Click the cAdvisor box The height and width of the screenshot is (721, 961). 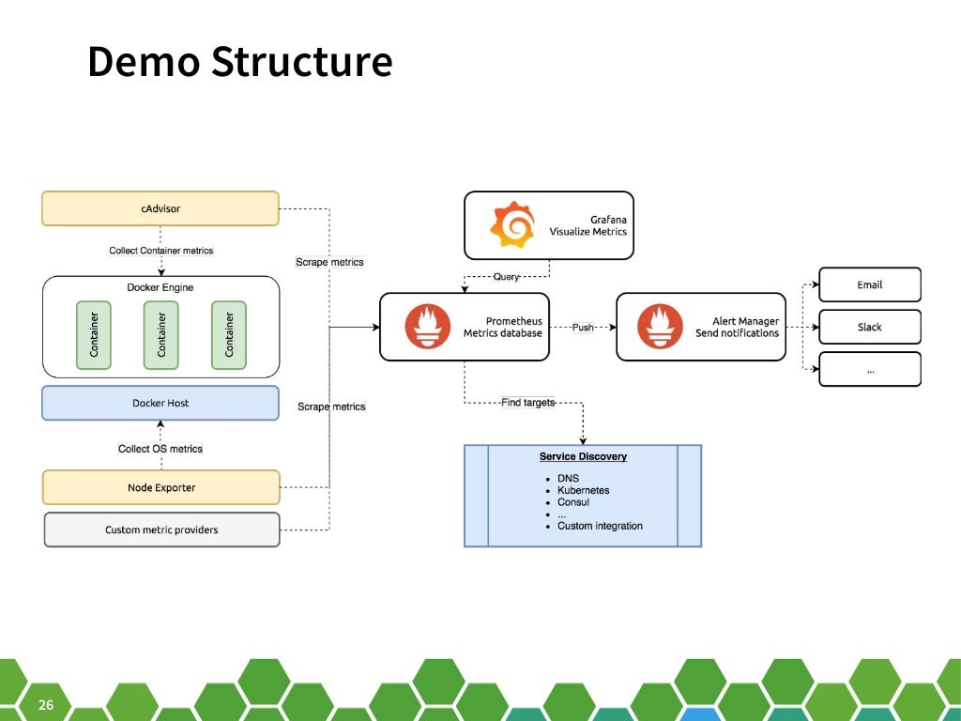pos(160,208)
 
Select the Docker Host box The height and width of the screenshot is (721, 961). pos(160,403)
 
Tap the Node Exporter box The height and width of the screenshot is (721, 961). pos(161,487)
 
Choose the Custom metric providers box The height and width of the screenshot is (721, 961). pos(161,529)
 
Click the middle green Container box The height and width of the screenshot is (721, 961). pos(160,335)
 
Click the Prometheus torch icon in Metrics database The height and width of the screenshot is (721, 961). pos(428,327)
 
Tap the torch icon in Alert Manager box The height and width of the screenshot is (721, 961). pos(660,327)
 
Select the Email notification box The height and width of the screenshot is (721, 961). pos(870,284)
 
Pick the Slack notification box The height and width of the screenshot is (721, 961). pos(870,327)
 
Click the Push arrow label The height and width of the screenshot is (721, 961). pos(583,328)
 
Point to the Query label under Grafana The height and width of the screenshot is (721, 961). pos(506,276)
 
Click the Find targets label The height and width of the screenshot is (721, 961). pos(527,403)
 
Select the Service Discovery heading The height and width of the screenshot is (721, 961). pos(583,457)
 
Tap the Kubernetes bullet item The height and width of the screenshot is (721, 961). pos(583,490)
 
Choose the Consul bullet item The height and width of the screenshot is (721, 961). pos(573,502)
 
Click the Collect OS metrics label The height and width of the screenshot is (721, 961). pos(160,449)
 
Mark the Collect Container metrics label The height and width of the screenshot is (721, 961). pos(161,251)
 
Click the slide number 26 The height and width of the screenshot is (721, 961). pos(46,705)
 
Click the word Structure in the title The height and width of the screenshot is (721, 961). pos(301,62)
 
